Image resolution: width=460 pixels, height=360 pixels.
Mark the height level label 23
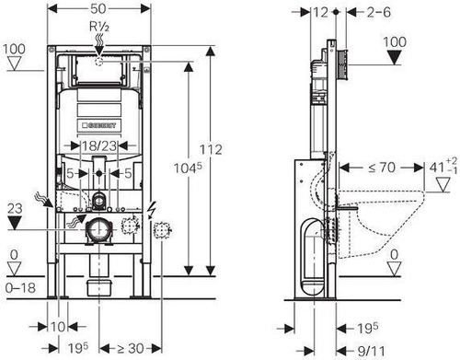coord(14,209)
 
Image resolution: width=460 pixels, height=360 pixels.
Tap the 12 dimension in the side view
coord(320,13)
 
